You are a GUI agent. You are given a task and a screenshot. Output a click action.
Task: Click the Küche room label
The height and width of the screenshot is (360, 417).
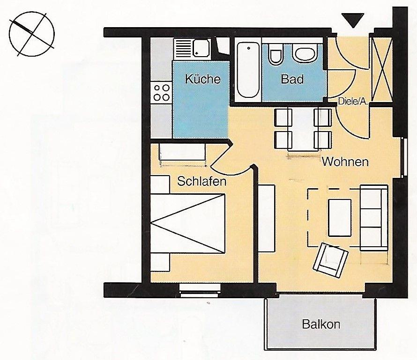[203, 79]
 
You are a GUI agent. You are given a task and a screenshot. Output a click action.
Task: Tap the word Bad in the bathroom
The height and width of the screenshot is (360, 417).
[292, 79]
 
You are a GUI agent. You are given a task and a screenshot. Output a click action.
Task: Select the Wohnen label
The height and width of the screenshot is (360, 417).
[345, 162]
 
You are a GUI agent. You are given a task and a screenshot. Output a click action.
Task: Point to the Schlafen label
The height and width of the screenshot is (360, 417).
[201, 181]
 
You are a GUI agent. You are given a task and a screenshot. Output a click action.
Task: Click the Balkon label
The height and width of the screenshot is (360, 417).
[321, 324]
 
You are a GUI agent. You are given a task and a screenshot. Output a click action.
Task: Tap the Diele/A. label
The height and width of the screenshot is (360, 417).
[353, 101]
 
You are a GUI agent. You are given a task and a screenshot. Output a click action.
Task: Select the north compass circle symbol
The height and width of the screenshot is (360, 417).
[32, 34]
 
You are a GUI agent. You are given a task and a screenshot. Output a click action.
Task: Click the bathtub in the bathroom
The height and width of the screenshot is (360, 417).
[248, 70]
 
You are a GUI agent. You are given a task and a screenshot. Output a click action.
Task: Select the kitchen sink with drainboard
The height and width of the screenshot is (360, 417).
[192, 49]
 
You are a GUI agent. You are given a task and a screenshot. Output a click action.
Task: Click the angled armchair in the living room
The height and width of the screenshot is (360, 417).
[331, 260]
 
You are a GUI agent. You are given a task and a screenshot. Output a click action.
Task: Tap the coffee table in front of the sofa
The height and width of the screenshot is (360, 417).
[340, 218]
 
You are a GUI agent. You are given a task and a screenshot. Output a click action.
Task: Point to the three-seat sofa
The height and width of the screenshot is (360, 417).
[374, 218]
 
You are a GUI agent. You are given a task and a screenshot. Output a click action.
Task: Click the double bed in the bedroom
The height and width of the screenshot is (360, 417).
[188, 223]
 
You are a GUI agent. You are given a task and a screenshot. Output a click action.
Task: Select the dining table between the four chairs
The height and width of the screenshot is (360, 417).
[303, 129]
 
